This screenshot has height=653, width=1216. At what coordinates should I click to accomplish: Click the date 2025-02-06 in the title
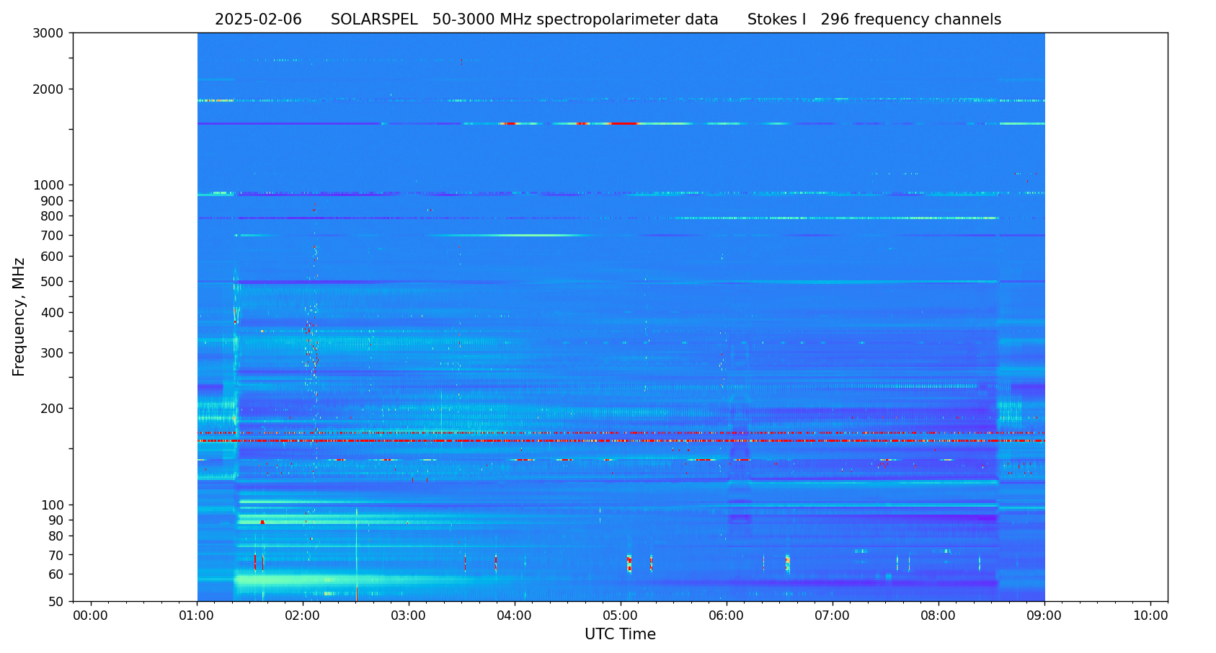pos(258,20)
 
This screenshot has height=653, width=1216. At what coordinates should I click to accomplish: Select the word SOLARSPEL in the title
pos(374,20)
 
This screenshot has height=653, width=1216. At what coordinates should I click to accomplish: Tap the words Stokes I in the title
pos(776,20)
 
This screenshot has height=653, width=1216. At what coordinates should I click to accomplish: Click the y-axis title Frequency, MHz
pos(19,316)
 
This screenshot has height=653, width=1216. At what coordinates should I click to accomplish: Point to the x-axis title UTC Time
pos(620,634)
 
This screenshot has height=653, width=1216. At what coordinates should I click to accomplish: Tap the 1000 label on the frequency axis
pos(48,185)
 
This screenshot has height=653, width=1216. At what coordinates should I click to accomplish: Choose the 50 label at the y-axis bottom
pos(56,602)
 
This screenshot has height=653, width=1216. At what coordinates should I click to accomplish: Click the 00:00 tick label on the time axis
pos(91,616)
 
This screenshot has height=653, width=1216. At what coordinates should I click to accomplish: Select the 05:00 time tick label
pos(621,616)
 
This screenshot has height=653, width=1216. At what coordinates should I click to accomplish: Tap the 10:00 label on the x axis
pos(1150,616)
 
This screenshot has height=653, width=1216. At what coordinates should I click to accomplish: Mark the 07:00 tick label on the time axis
pos(833,616)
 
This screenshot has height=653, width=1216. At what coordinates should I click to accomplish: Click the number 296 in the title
pos(835,20)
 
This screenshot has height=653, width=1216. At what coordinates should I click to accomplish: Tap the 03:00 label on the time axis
pos(409,616)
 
